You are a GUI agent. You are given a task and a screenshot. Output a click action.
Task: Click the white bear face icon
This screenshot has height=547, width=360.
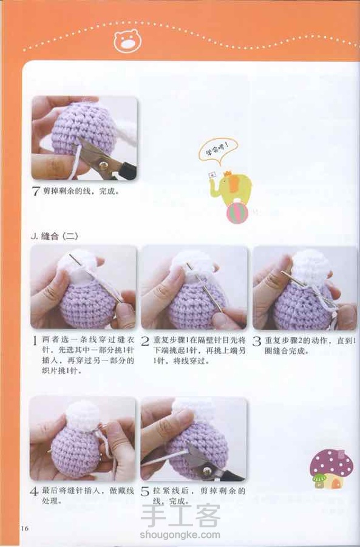[127, 41]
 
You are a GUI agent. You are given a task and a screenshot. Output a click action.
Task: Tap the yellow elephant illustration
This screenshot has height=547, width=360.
[231, 188]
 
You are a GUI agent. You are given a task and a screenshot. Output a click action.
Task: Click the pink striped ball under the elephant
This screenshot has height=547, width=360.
[237, 213]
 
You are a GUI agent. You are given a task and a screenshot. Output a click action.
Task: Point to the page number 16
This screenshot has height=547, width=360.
[24, 528]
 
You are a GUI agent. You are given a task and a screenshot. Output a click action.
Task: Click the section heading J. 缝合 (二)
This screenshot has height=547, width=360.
[55, 236]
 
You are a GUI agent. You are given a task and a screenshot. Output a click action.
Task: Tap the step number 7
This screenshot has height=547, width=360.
[36, 191]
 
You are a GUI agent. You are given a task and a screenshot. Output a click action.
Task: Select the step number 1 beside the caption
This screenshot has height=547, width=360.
[35, 341]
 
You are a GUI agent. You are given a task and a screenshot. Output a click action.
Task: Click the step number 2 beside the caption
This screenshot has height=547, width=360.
[145, 341]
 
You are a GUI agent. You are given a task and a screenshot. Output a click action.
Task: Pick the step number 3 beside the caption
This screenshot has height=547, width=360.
[256, 341]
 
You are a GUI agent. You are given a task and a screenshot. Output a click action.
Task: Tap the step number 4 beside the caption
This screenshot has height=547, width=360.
[34, 492]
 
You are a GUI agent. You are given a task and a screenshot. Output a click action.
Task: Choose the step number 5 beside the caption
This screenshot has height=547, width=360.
[144, 492]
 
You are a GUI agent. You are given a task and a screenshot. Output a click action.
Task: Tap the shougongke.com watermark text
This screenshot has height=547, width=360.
[180, 535]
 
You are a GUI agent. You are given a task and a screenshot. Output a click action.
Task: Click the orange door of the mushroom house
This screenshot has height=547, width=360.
[336, 483]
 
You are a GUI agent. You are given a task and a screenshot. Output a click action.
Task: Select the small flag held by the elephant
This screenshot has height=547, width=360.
[212, 175]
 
